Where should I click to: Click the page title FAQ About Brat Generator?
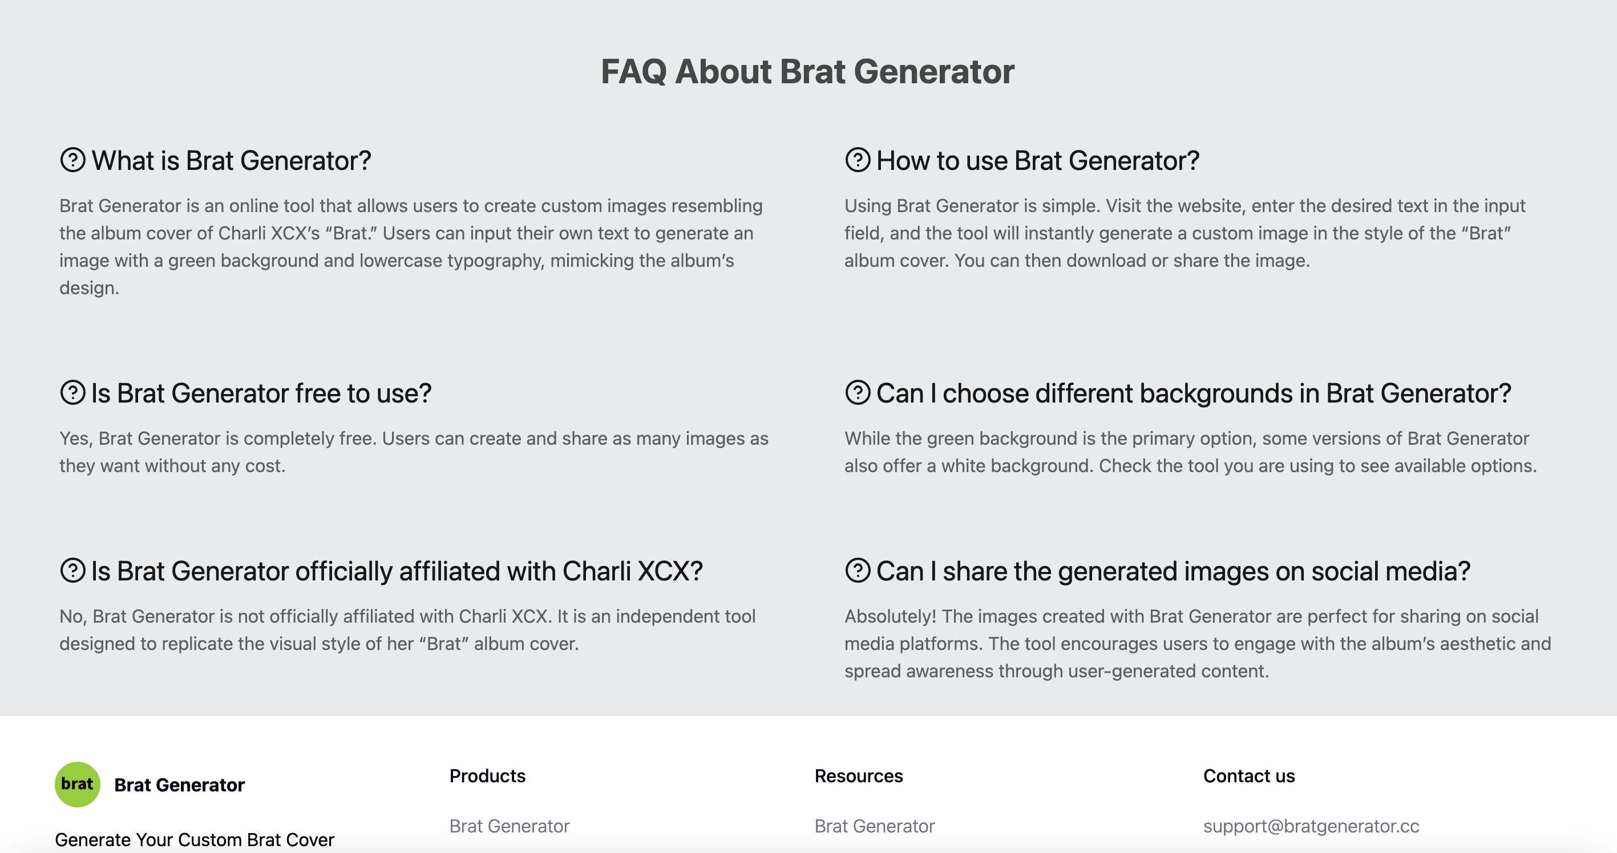[807, 71]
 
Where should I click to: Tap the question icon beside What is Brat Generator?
[73, 160]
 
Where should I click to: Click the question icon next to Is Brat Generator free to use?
[73, 393]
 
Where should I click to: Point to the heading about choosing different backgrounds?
[1192, 393]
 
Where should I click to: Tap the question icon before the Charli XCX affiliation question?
[73, 571]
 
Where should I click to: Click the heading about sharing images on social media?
[1173, 571]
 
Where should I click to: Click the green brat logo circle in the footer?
[77, 784]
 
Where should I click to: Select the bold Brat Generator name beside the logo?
[180, 785]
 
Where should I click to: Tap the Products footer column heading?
[487, 776]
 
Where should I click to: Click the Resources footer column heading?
[858, 776]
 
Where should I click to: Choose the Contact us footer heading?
[1248, 776]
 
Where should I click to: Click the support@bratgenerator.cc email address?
[1311, 826]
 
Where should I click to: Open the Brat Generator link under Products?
[509, 826]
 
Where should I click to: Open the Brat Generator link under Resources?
[875, 826]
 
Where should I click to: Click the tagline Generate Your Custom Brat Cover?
[194, 839]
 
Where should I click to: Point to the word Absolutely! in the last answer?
[890, 616]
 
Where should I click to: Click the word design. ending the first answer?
[89, 288]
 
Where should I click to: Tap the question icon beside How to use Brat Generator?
[858, 160]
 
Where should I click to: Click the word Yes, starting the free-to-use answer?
[76, 438]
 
